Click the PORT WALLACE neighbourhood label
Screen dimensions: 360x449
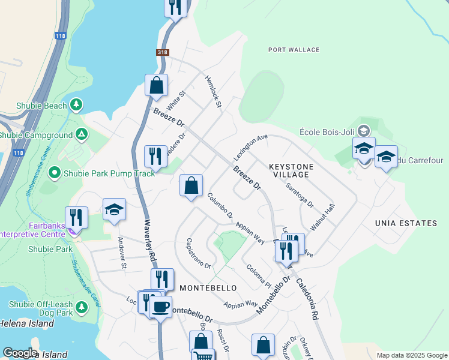coord(294,50)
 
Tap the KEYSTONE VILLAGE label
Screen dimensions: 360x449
coord(289,170)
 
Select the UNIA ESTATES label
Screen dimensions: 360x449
coord(406,223)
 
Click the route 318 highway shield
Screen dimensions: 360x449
coord(163,53)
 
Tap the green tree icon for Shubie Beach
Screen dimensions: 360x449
coord(76,106)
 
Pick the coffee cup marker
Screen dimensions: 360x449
coord(160,307)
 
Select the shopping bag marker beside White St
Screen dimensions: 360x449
coord(156,85)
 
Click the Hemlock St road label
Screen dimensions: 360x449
coord(213,92)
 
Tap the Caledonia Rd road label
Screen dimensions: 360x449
coord(308,298)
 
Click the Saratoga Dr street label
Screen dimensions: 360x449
coord(300,195)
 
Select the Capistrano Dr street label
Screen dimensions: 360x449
coord(198,253)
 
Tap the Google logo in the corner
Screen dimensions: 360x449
coord(20,353)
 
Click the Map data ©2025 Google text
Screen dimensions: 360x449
coord(411,355)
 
